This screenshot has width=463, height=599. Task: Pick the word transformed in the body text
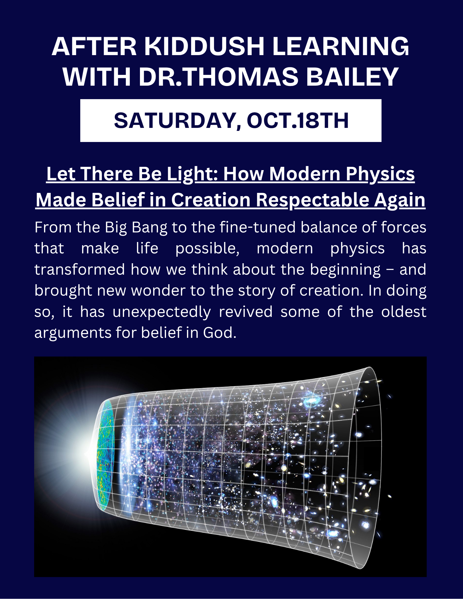point(79,269)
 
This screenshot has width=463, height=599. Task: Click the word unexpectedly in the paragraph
point(162,312)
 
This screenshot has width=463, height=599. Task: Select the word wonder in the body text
point(158,291)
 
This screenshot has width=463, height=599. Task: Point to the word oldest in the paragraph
point(404,311)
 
